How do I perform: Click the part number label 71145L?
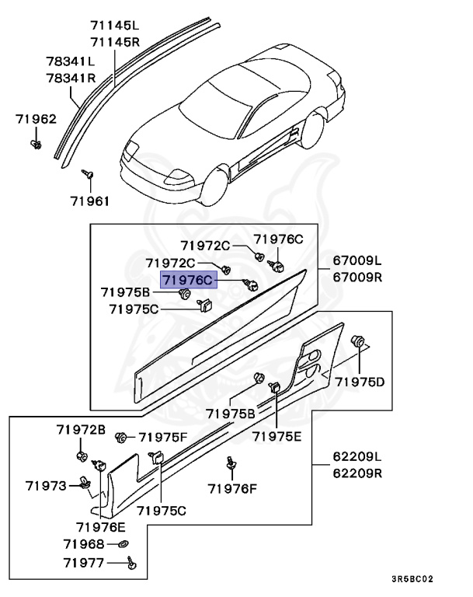click(x=114, y=26)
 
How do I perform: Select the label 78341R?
click(x=70, y=78)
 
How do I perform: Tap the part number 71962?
click(x=36, y=119)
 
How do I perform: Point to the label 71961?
click(x=90, y=201)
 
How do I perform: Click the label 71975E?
click(x=276, y=436)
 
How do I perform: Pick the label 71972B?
click(x=81, y=429)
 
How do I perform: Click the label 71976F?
click(x=232, y=488)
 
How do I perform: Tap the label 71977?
click(x=85, y=560)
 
